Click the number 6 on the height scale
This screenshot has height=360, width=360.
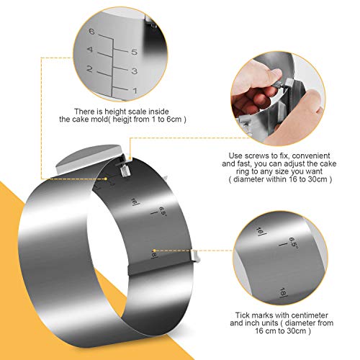pyautogui.click(x=91, y=31)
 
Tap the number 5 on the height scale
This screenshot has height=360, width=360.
pyautogui.click(x=135, y=52)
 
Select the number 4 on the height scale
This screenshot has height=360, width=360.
pyautogui.click(x=90, y=50)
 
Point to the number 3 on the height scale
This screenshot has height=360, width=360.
pyautogui.click(x=135, y=71)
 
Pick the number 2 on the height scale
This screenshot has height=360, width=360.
pyautogui.click(x=90, y=69)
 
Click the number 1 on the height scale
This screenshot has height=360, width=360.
pyautogui.click(x=135, y=91)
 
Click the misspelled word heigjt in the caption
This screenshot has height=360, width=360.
pyautogui.click(x=122, y=120)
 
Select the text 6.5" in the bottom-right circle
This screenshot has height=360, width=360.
pyautogui.click(x=293, y=243)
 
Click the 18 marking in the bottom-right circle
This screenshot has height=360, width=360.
pyautogui.click(x=282, y=292)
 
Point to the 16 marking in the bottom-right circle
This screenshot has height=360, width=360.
pyautogui.click(x=259, y=231)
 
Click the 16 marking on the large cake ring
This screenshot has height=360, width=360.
pyautogui.click(x=133, y=202)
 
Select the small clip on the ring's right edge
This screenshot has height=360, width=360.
pyautogui.click(x=195, y=256)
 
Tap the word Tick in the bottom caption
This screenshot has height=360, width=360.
pyautogui.click(x=242, y=315)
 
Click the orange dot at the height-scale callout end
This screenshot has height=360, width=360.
pyautogui.click(x=106, y=179)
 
